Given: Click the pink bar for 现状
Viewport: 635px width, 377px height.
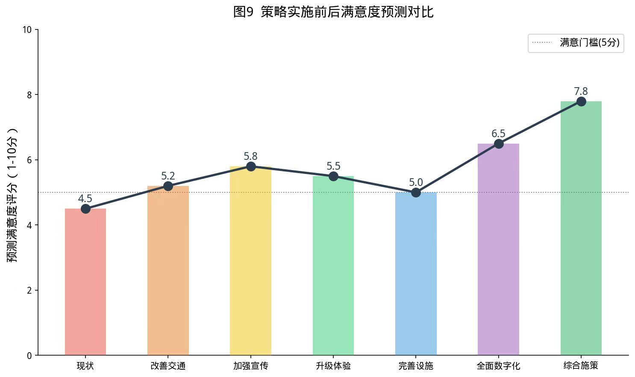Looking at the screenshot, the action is (x=85, y=282).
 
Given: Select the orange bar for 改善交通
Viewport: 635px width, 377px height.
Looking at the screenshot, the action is (x=168, y=271).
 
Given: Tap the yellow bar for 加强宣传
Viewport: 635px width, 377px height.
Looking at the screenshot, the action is (x=250, y=261).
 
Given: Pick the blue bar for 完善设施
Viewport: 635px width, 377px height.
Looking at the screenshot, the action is (x=416, y=274).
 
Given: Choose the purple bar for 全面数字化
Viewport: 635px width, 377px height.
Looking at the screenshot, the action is (x=498, y=250).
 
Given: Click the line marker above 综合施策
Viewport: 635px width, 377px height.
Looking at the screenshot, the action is (x=581, y=101).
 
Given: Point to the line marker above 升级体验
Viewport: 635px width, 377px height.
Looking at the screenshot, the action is (x=333, y=176).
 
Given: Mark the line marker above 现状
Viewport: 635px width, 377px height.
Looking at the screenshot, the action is (x=85, y=209).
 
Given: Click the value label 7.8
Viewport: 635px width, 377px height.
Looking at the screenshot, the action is (x=581, y=91).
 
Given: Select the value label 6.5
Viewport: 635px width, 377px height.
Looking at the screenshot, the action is (x=498, y=133).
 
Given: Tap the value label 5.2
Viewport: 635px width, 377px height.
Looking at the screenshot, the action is (x=168, y=176).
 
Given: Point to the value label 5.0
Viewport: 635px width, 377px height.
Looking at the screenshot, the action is (x=416, y=182).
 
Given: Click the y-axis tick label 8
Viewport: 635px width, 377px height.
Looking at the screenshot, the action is (x=29, y=94).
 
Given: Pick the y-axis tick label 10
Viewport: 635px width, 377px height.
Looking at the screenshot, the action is (x=27, y=29).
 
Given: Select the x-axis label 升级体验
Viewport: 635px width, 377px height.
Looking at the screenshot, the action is (x=333, y=366).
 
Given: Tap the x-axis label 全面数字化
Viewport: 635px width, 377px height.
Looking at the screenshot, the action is (x=498, y=366).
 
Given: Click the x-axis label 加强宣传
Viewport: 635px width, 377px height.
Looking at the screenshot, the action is (x=250, y=366).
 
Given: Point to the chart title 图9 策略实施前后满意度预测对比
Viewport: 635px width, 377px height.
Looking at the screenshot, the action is (x=333, y=12).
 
